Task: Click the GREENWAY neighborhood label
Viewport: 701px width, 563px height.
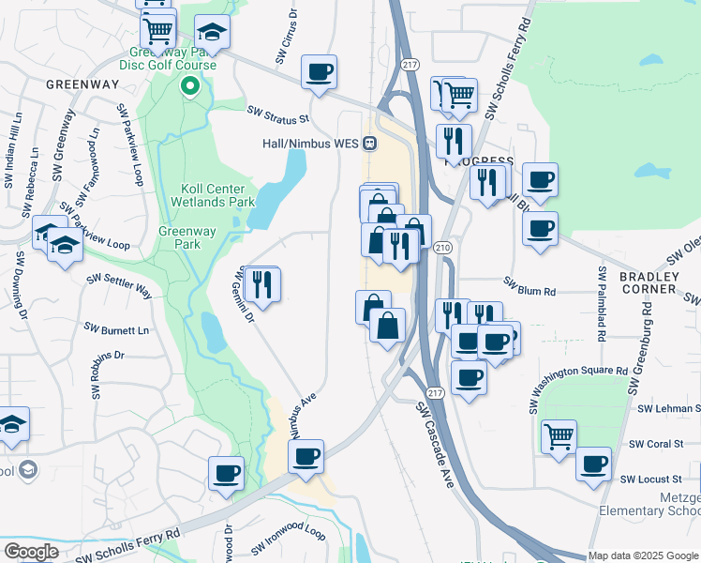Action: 82,84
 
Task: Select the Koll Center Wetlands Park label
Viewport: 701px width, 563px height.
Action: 213,194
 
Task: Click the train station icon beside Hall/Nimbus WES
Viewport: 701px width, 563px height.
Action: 371,145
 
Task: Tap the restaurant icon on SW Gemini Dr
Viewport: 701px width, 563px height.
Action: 261,283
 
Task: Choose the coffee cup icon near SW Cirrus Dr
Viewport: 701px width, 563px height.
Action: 319,72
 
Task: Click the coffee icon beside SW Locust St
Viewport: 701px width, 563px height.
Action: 592,464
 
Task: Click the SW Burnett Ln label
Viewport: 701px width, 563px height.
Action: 116,329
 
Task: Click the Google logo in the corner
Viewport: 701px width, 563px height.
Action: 31,552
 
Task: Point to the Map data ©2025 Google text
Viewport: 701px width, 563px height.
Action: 643,555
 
